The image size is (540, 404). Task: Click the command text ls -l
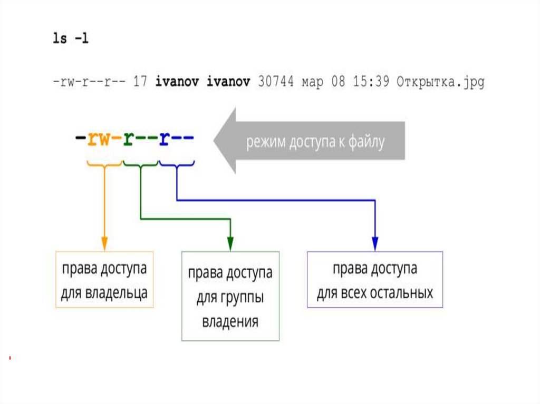click(70, 40)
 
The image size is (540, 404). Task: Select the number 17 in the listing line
click(140, 82)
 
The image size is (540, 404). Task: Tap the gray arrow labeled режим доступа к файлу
click(311, 141)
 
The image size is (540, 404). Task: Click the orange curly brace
click(104, 164)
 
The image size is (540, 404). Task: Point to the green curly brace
click(140, 164)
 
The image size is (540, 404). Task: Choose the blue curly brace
click(177, 164)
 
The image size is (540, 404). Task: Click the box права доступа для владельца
click(104, 280)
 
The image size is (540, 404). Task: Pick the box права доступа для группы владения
click(230, 296)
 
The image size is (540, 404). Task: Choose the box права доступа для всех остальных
click(374, 280)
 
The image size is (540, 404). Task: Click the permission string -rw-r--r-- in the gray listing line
click(89, 82)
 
